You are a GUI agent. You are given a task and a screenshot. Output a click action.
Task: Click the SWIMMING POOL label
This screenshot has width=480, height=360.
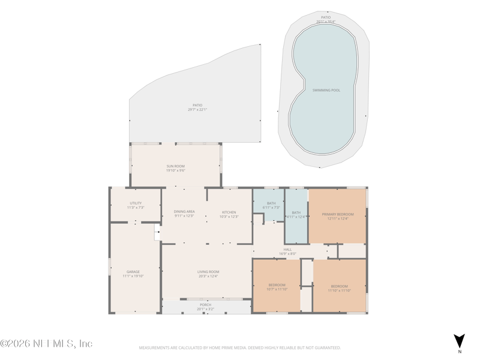coord(326,90)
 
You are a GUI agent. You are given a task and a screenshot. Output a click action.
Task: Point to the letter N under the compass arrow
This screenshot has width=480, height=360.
coord(459,351)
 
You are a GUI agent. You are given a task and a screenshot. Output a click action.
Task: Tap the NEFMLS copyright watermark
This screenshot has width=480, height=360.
coord(46,344)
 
